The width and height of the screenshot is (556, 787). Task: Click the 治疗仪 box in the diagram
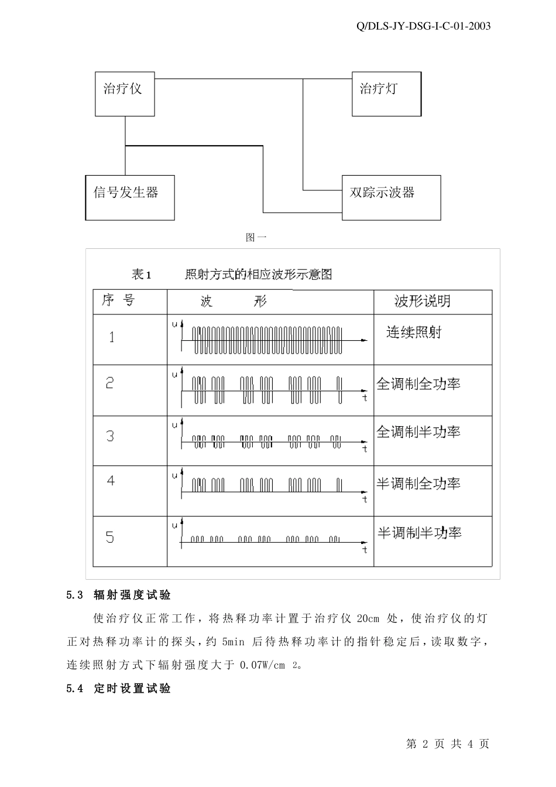(x=125, y=94)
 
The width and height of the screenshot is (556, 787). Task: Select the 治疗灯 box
(x=386, y=94)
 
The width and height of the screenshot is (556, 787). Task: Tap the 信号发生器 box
(x=129, y=197)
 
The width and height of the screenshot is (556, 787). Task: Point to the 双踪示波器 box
(x=391, y=198)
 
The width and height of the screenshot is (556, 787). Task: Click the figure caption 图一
(x=256, y=237)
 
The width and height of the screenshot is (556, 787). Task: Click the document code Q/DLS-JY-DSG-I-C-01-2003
(x=423, y=26)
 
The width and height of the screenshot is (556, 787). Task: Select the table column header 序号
(x=118, y=301)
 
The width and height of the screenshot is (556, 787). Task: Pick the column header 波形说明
(x=422, y=302)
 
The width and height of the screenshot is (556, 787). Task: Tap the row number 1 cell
(x=112, y=337)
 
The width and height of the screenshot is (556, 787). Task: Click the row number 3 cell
(x=110, y=436)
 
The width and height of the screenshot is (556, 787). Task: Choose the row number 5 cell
(x=110, y=538)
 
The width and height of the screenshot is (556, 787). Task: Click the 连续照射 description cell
(x=413, y=333)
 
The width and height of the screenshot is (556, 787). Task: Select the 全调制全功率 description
(x=418, y=384)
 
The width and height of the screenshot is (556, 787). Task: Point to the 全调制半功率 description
(x=418, y=432)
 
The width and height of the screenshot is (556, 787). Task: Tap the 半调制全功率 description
(x=418, y=484)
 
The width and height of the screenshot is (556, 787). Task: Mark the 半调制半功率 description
(x=419, y=533)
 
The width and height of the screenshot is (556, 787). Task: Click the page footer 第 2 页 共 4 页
(x=447, y=744)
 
